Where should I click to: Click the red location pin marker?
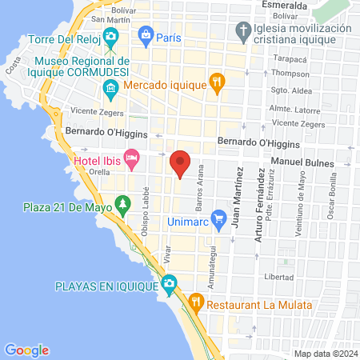(180, 164)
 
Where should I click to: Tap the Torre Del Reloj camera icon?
(111, 37)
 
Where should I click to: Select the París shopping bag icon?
(146, 34)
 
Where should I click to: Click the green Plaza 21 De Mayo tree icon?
(122, 206)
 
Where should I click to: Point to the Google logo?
(26, 350)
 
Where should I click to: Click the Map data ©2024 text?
(324, 353)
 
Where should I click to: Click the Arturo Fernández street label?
(258, 206)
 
